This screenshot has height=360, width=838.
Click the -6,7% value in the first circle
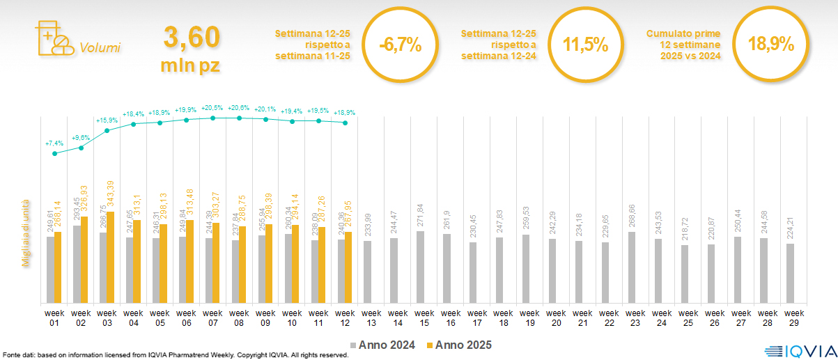[x=401, y=46]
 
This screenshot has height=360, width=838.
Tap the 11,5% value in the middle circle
[x=585, y=46]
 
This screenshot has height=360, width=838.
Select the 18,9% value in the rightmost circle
[x=770, y=45]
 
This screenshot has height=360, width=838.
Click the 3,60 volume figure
[x=192, y=38]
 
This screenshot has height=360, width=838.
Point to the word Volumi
[x=100, y=48]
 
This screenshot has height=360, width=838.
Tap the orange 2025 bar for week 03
[x=111, y=258]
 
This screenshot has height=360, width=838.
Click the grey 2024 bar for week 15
[x=420, y=267]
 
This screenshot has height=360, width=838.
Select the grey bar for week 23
[x=632, y=268]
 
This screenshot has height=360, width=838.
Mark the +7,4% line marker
[x=55, y=153]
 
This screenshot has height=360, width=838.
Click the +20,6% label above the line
[x=239, y=108]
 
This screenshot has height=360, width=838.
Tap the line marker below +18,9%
[x=345, y=123]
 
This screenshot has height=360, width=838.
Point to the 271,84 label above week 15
[x=420, y=217]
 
